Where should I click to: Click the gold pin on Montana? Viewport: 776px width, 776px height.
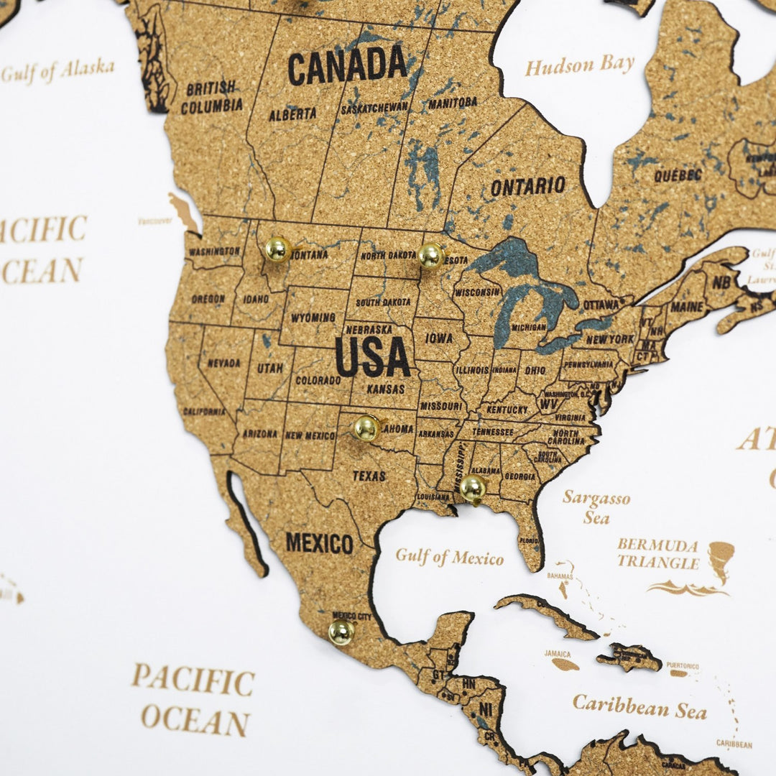(x=277, y=249)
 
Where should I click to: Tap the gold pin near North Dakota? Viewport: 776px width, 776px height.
(x=430, y=255)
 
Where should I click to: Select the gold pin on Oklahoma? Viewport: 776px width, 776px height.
(x=366, y=428)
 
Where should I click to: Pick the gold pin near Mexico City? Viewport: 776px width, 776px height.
(x=341, y=632)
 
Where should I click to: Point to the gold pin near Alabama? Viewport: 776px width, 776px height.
(x=472, y=487)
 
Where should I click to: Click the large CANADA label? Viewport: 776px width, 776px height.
(x=348, y=66)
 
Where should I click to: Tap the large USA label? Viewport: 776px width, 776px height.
(x=372, y=357)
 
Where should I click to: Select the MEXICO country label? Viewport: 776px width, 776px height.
(x=319, y=542)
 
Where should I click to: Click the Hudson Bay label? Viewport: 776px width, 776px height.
(x=580, y=66)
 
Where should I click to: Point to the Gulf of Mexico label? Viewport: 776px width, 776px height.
(x=450, y=557)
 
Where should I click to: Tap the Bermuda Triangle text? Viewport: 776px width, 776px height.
(x=657, y=553)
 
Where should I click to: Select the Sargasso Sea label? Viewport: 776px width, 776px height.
(x=596, y=507)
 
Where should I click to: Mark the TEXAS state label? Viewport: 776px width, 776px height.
(x=369, y=476)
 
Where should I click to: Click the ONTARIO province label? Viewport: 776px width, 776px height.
(x=527, y=187)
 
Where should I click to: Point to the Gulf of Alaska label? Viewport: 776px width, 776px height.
(x=57, y=70)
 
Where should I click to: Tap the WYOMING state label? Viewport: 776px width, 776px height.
(x=313, y=317)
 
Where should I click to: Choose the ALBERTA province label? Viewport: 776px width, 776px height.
(x=292, y=114)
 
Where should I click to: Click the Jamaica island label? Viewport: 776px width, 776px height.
(x=558, y=655)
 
